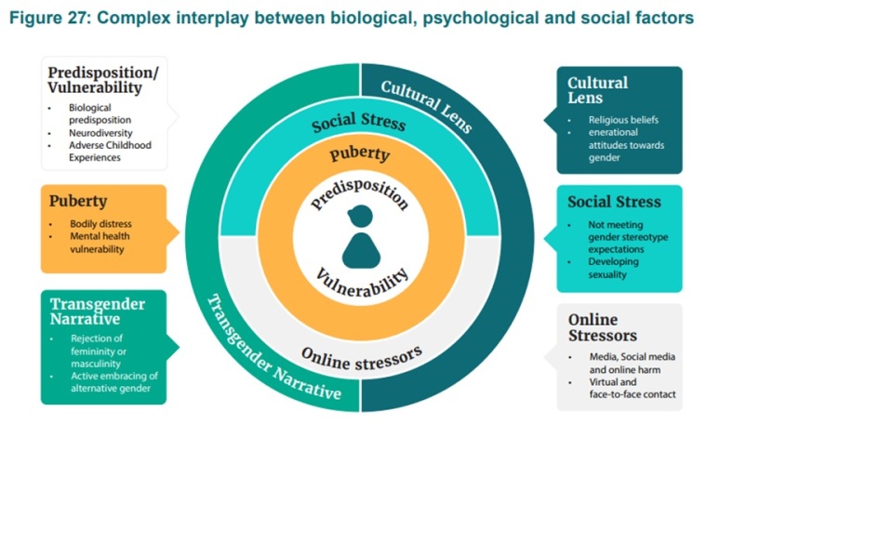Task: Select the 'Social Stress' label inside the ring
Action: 359,124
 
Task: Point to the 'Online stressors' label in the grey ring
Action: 362,354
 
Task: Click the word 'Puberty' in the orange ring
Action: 359,153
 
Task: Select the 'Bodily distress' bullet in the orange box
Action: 100,224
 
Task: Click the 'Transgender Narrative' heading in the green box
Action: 98,312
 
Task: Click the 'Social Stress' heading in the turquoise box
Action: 614,202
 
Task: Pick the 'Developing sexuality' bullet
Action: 613,269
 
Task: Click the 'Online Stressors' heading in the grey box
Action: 603,327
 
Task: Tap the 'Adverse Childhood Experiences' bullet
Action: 109,152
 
